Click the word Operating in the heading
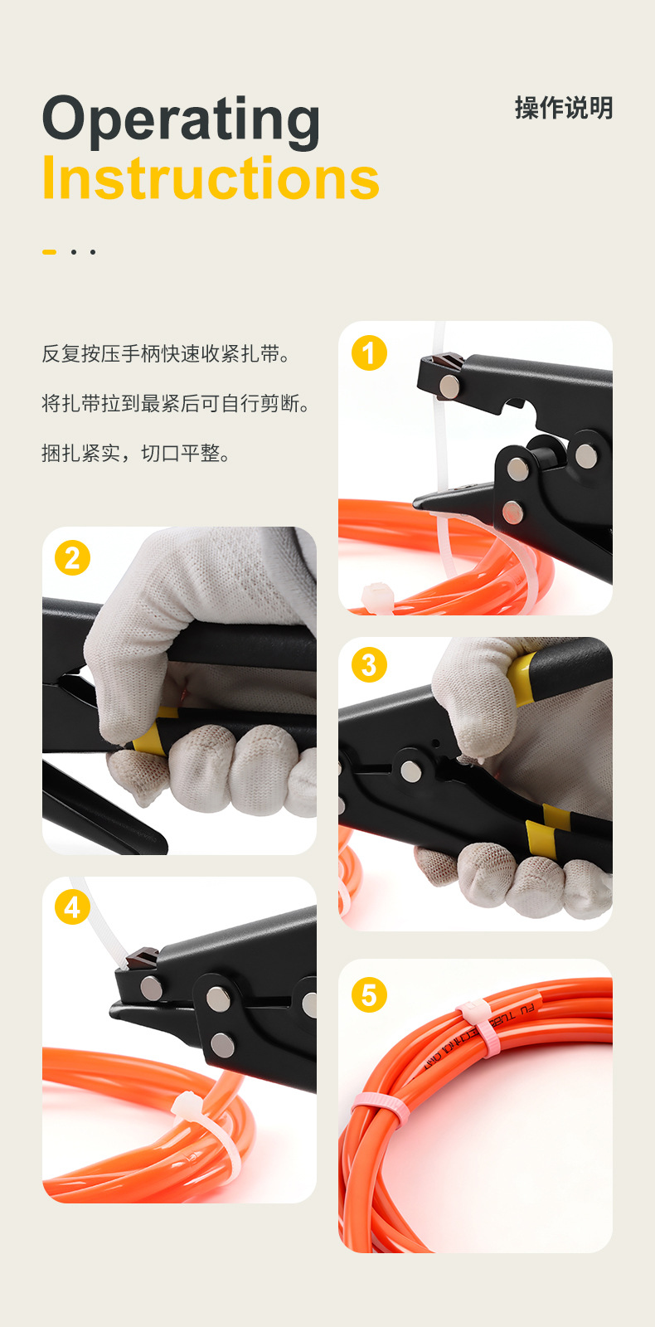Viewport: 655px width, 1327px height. [x=181, y=121]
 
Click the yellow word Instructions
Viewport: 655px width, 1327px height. [x=211, y=179]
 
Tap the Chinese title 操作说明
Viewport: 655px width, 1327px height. [x=563, y=108]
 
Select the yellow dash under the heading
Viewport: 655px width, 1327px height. [x=50, y=251]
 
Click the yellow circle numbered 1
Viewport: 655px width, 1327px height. [x=369, y=352]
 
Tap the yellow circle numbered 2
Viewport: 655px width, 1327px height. [x=72, y=558]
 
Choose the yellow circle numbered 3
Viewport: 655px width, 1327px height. [x=369, y=665]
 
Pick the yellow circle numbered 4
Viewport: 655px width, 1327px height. [x=72, y=907]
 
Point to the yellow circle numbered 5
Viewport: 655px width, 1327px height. [x=369, y=994]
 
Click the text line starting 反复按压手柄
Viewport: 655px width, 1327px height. [x=167, y=354]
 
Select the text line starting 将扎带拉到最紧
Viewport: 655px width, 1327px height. [x=177, y=404]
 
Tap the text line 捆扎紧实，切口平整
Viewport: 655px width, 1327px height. [x=137, y=454]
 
